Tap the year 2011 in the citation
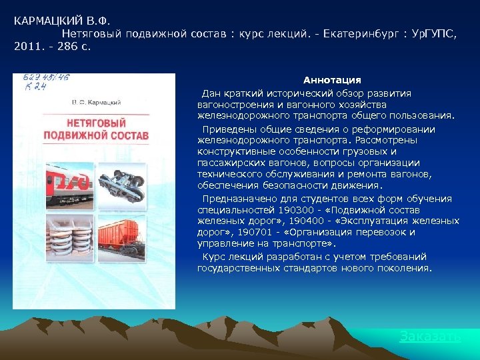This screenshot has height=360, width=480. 27,47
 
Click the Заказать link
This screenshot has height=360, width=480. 430,337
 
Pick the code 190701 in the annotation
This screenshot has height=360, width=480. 247,233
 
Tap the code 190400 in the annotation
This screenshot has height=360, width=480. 281,221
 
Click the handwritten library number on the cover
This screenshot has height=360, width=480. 39,82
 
